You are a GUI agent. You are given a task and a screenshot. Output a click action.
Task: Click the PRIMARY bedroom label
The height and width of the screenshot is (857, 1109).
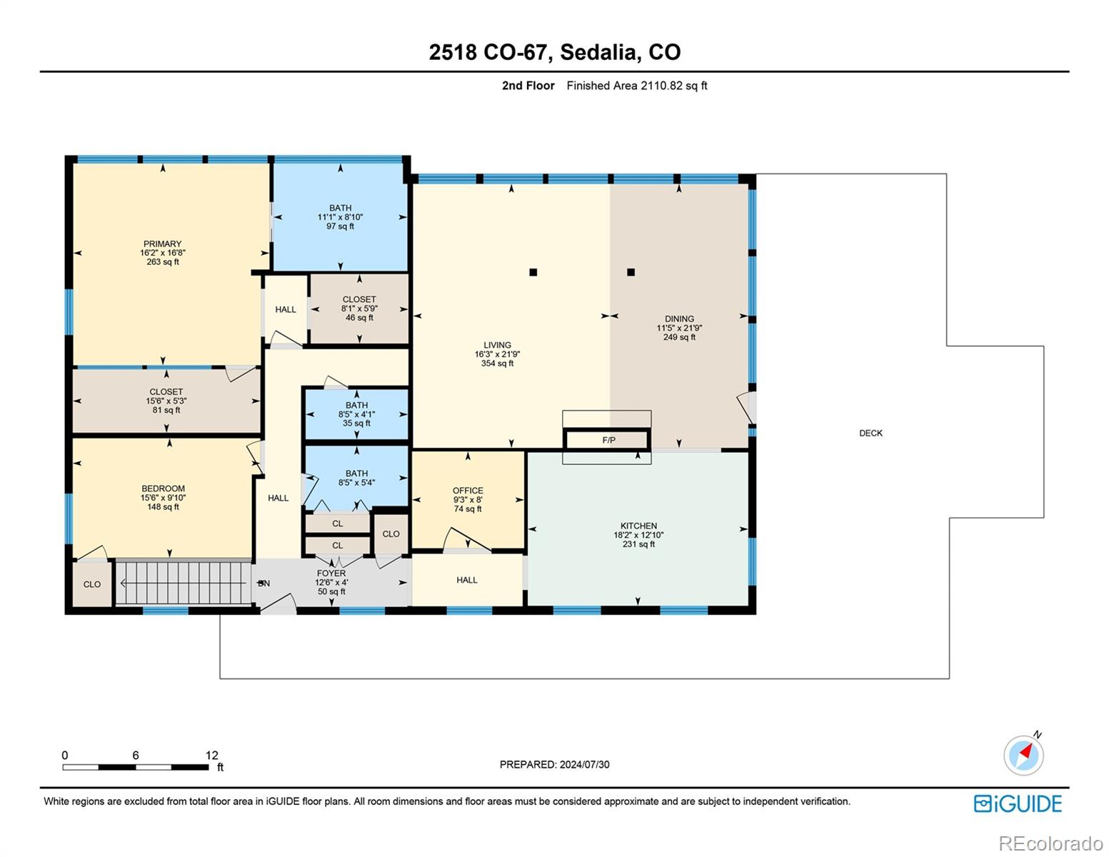pos(162,244)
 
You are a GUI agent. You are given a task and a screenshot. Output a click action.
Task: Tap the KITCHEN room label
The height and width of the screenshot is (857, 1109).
pos(638,525)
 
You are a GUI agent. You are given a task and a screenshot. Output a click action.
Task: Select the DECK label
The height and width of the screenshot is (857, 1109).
pos(870,433)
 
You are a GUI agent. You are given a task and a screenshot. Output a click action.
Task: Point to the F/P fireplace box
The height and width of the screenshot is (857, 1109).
pos(607,439)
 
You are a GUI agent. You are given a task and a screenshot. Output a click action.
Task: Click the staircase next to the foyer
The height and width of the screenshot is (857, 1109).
pos(184,583)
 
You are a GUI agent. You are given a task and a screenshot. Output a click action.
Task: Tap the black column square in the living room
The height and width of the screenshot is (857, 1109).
pos(533,272)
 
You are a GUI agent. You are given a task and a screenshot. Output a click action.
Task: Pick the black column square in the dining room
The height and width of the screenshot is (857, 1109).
pos(631,272)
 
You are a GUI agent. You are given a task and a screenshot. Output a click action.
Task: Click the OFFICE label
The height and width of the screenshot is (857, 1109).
pos(468,490)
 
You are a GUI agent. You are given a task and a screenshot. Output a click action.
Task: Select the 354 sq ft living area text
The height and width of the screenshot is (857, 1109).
pos(497,363)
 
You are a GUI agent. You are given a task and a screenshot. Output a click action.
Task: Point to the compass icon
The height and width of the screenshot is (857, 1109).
pos(1023,755)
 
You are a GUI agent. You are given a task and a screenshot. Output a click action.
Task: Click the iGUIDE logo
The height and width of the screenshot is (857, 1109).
pos(1018,803)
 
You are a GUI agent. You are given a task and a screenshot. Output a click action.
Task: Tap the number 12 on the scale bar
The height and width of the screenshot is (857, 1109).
pos(212,755)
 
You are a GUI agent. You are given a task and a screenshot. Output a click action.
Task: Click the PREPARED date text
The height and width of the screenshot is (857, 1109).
pos(554,764)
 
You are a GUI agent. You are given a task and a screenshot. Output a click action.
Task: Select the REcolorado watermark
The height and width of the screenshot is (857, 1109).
pos(1050,843)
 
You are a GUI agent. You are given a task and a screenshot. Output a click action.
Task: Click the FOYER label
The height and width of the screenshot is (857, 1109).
pos(331,573)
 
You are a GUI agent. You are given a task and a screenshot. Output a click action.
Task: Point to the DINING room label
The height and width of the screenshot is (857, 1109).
pos(679,319)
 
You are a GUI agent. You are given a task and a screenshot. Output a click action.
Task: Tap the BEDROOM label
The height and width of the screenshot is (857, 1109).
pos(163,488)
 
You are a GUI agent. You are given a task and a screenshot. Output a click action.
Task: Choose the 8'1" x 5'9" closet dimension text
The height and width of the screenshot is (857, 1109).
pos(359,309)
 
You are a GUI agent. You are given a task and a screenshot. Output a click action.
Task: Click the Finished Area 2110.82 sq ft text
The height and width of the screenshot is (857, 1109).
pos(636,86)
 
